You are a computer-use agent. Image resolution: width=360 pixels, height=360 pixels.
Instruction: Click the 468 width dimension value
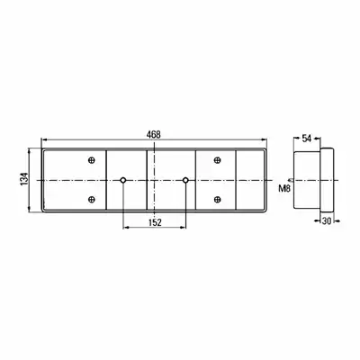click(x=154, y=135)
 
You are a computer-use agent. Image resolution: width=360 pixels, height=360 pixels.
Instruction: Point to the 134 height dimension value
click(x=24, y=179)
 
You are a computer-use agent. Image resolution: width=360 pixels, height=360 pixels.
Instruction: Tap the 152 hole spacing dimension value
click(x=155, y=222)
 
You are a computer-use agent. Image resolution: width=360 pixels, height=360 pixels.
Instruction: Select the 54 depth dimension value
click(x=306, y=139)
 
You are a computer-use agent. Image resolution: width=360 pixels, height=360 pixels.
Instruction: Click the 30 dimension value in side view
click(x=327, y=221)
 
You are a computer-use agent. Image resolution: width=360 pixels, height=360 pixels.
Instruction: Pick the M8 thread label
click(x=283, y=189)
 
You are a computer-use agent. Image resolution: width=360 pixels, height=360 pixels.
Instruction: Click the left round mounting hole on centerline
click(x=123, y=180)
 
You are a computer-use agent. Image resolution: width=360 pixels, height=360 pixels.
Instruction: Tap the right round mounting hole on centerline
click(x=185, y=180)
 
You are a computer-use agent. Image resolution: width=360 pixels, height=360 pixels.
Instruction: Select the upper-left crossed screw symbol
click(x=92, y=160)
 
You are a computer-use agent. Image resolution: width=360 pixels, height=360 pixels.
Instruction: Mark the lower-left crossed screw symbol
click(x=92, y=199)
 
